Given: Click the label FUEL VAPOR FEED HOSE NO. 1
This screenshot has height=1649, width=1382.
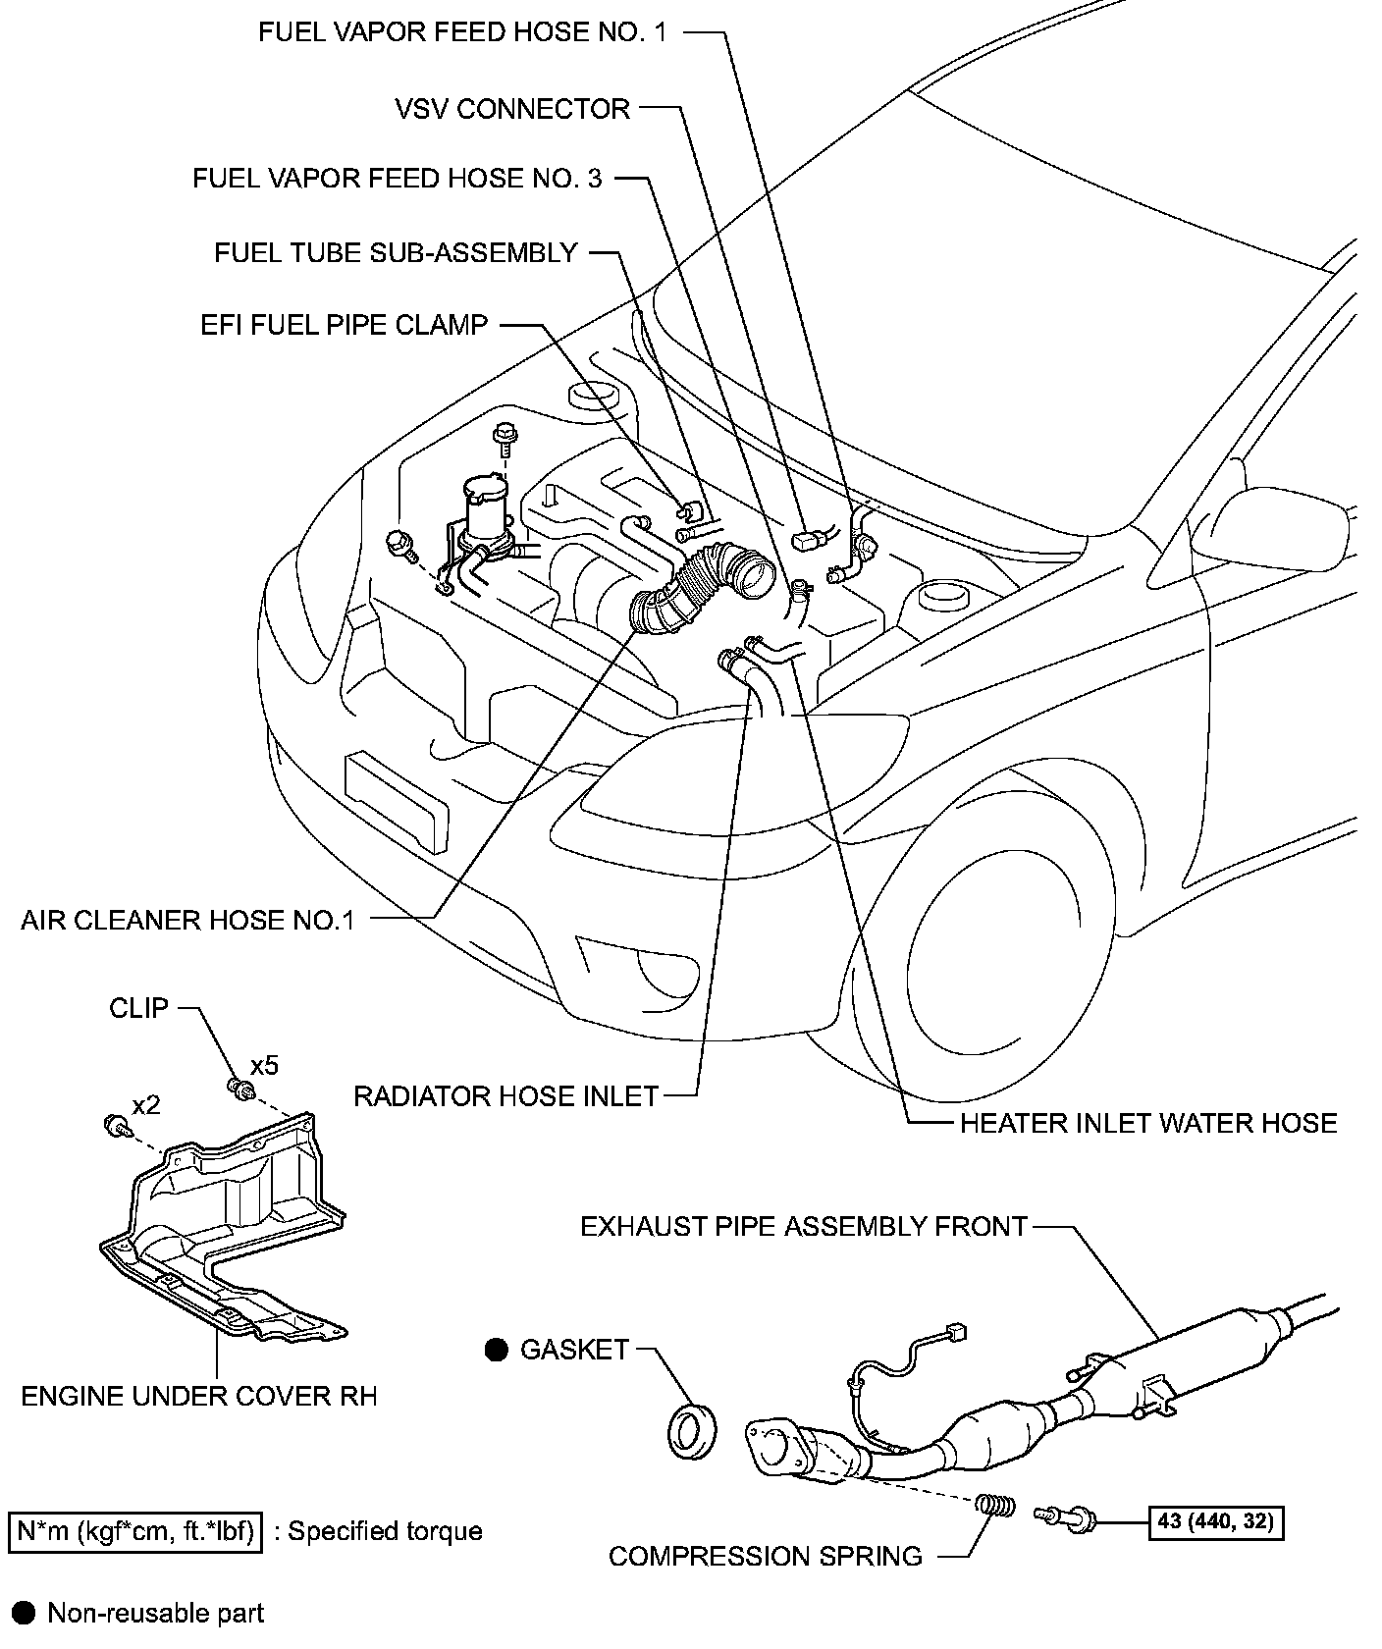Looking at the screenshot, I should tap(462, 32).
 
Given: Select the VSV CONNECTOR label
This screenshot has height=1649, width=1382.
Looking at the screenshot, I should tap(512, 108).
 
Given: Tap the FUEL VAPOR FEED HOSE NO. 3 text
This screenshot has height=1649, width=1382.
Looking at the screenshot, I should tap(398, 179).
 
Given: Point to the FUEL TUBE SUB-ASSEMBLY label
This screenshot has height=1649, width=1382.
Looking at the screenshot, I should tap(396, 252).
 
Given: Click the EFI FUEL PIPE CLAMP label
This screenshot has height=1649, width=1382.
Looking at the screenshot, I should tap(345, 325).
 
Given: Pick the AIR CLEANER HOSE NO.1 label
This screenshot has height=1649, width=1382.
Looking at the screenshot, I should tap(187, 920).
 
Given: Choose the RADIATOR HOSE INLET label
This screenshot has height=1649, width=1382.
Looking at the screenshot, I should tap(505, 1095).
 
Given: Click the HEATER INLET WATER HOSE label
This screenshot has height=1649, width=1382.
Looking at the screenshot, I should tap(1147, 1123).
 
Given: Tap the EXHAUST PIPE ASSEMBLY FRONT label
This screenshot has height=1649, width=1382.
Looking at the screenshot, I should tap(804, 1226).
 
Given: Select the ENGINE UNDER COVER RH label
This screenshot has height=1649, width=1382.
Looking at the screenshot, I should tap(199, 1395).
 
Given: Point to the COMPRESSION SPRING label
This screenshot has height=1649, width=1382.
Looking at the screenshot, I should tap(766, 1556).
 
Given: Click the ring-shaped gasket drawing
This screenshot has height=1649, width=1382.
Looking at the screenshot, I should tap(691, 1430).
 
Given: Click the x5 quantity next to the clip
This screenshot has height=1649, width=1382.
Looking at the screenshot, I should tap(264, 1065).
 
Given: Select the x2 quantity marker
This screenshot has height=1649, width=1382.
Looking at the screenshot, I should tap(146, 1105).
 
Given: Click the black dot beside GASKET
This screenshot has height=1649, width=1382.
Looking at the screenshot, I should tap(497, 1351).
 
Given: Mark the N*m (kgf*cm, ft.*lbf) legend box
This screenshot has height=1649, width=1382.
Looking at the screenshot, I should tap(134, 1531).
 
